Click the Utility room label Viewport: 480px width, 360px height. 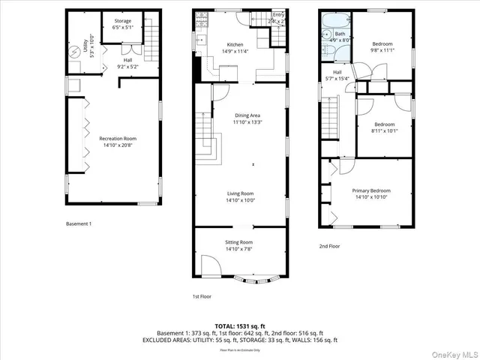88,50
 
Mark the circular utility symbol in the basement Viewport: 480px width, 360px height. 76,52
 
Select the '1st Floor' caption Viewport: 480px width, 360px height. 202,297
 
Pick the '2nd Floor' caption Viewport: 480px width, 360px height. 329,246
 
